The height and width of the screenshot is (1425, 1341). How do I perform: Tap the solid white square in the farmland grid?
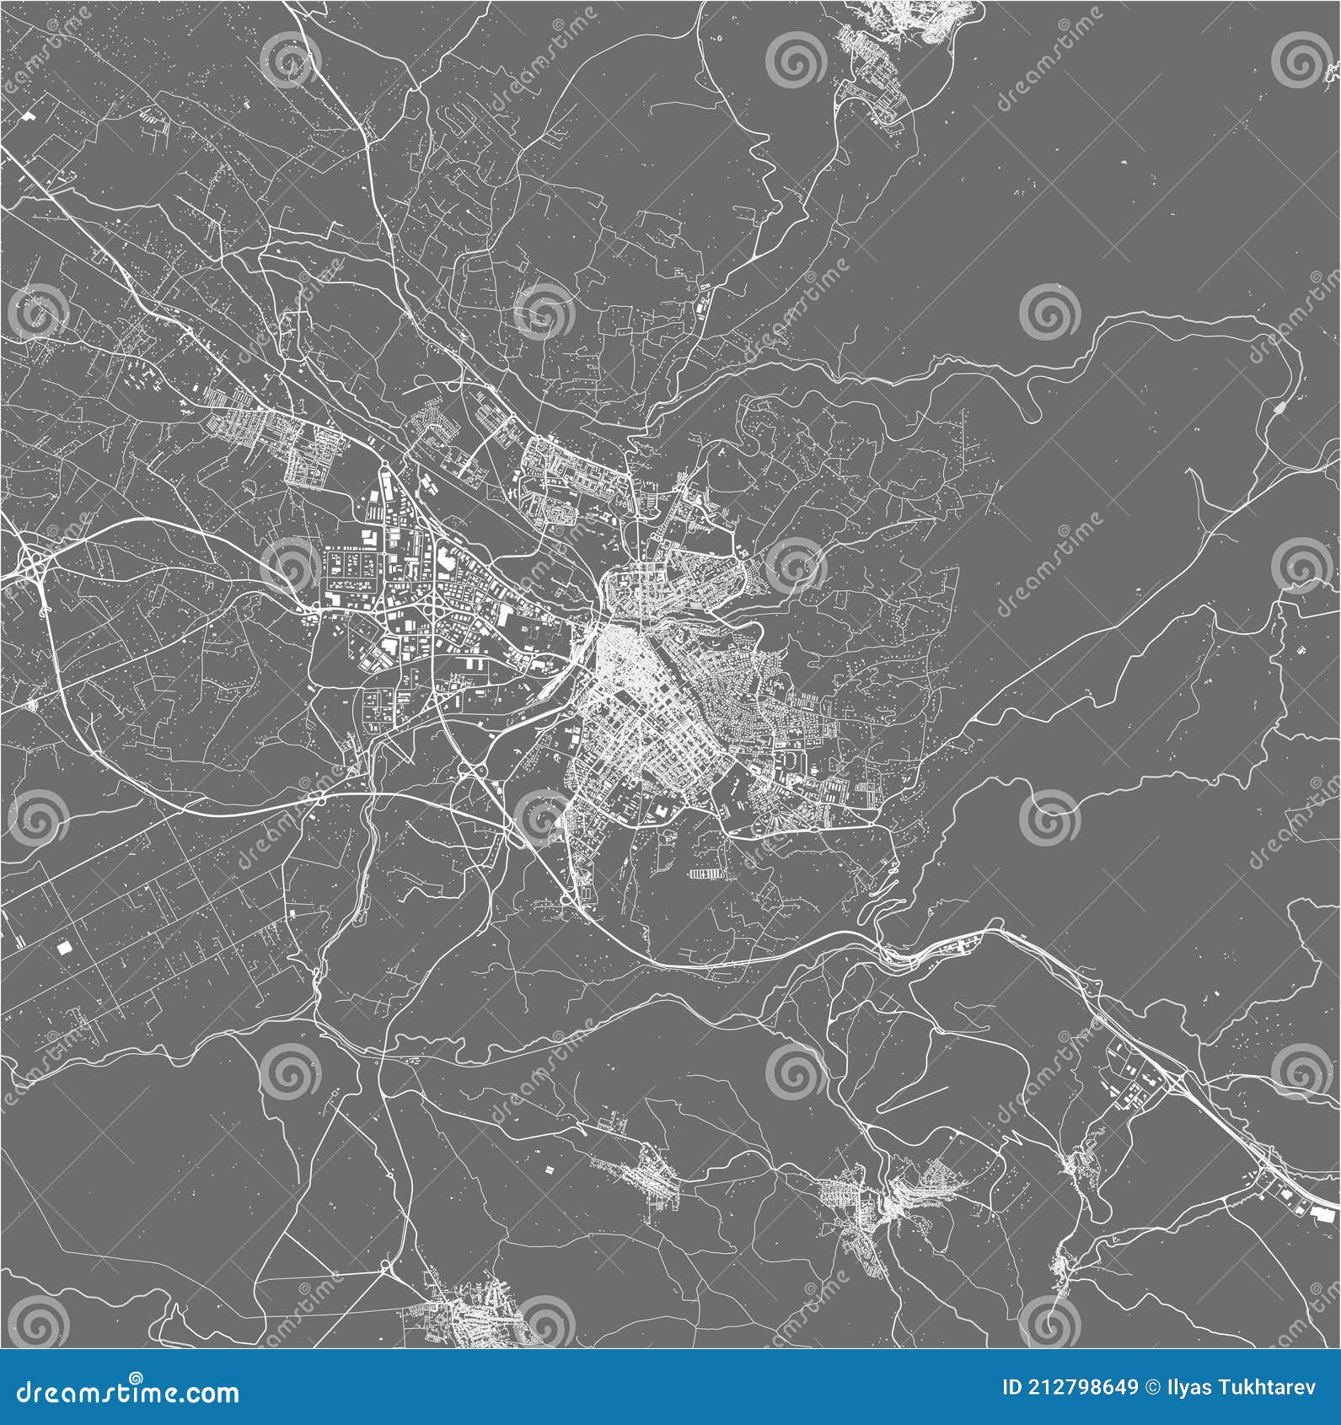tap(64, 947)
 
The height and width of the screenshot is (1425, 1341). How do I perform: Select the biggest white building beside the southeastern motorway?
tap(1323, 1213)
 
